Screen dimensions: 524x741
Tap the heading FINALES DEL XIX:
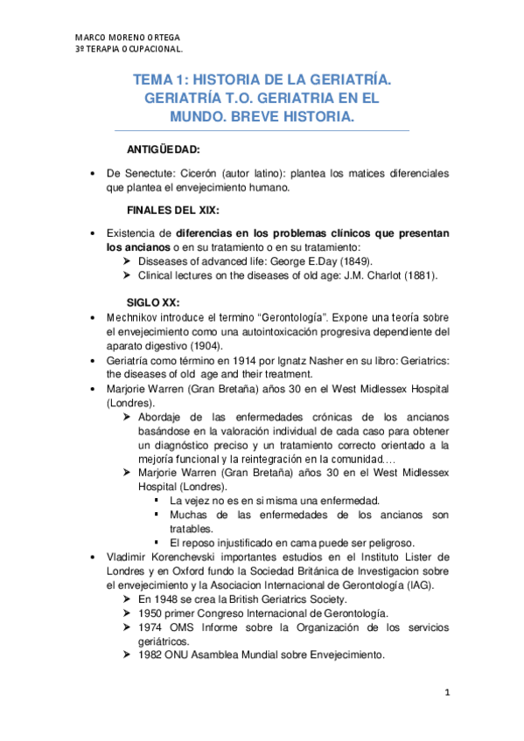tap(173, 211)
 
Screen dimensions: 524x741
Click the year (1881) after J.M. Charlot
tap(416, 275)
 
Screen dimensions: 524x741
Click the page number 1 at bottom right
tap(446, 694)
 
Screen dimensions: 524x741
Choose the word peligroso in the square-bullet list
tap(385, 543)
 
